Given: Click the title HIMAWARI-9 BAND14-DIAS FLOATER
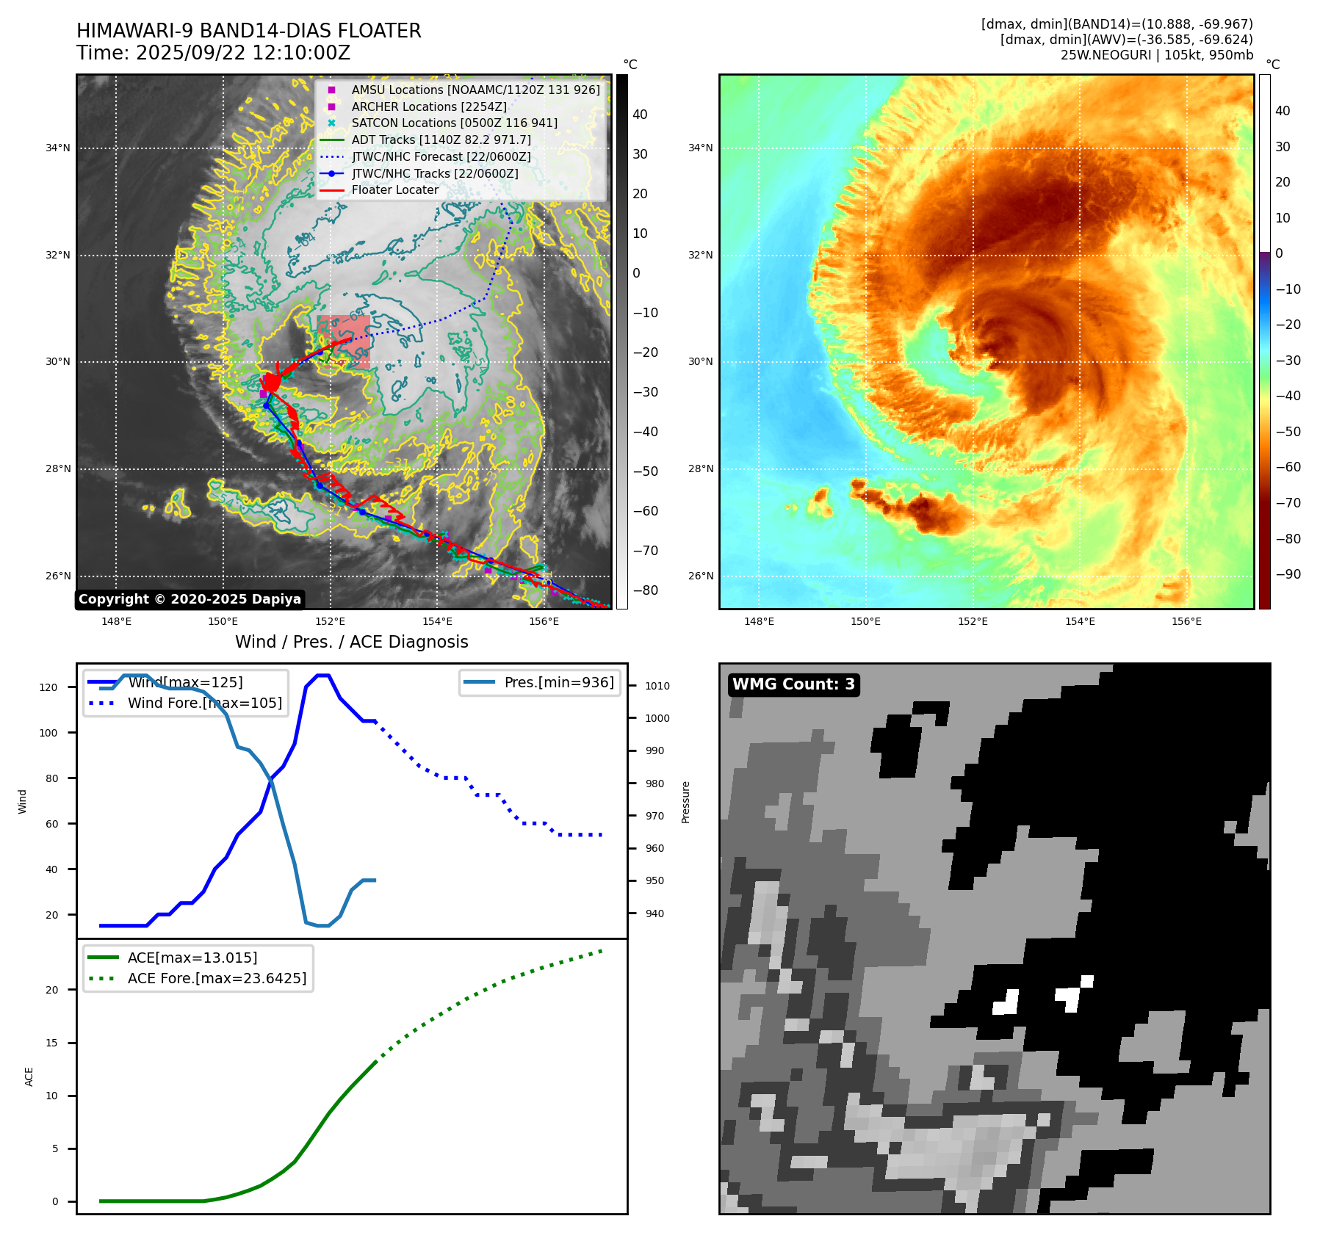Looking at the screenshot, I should [x=248, y=31].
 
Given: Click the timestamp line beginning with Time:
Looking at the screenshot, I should [x=213, y=53].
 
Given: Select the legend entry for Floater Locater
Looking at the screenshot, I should [x=394, y=190].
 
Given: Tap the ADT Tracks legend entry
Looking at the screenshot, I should [x=441, y=140].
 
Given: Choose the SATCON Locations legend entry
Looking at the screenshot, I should [x=454, y=123].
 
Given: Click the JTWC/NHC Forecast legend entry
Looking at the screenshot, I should [x=441, y=156].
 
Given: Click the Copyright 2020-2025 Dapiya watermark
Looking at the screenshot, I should [x=190, y=599].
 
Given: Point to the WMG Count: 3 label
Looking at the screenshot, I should [x=793, y=684].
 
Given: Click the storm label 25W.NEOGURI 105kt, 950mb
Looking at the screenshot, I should [x=1156, y=55].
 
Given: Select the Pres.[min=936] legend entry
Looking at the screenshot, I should [x=558, y=682].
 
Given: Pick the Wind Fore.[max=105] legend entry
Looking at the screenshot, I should [x=204, y=703].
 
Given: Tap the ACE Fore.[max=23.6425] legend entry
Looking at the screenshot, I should [x=217, y=978].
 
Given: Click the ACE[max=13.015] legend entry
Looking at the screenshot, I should [x=192, y=958].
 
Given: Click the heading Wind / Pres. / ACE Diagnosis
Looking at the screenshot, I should [x=351, y=642].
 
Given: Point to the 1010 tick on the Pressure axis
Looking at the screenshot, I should [x=657, y=686].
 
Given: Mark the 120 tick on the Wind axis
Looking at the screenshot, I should [x=48, y=687].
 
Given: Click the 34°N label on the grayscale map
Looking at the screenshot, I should [x=58, y=148].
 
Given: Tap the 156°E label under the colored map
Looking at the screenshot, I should [x=1186, y=622].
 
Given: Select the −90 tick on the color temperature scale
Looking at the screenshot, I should [x=1288, y=574].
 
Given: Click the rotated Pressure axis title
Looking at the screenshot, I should [x=685, y=802].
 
